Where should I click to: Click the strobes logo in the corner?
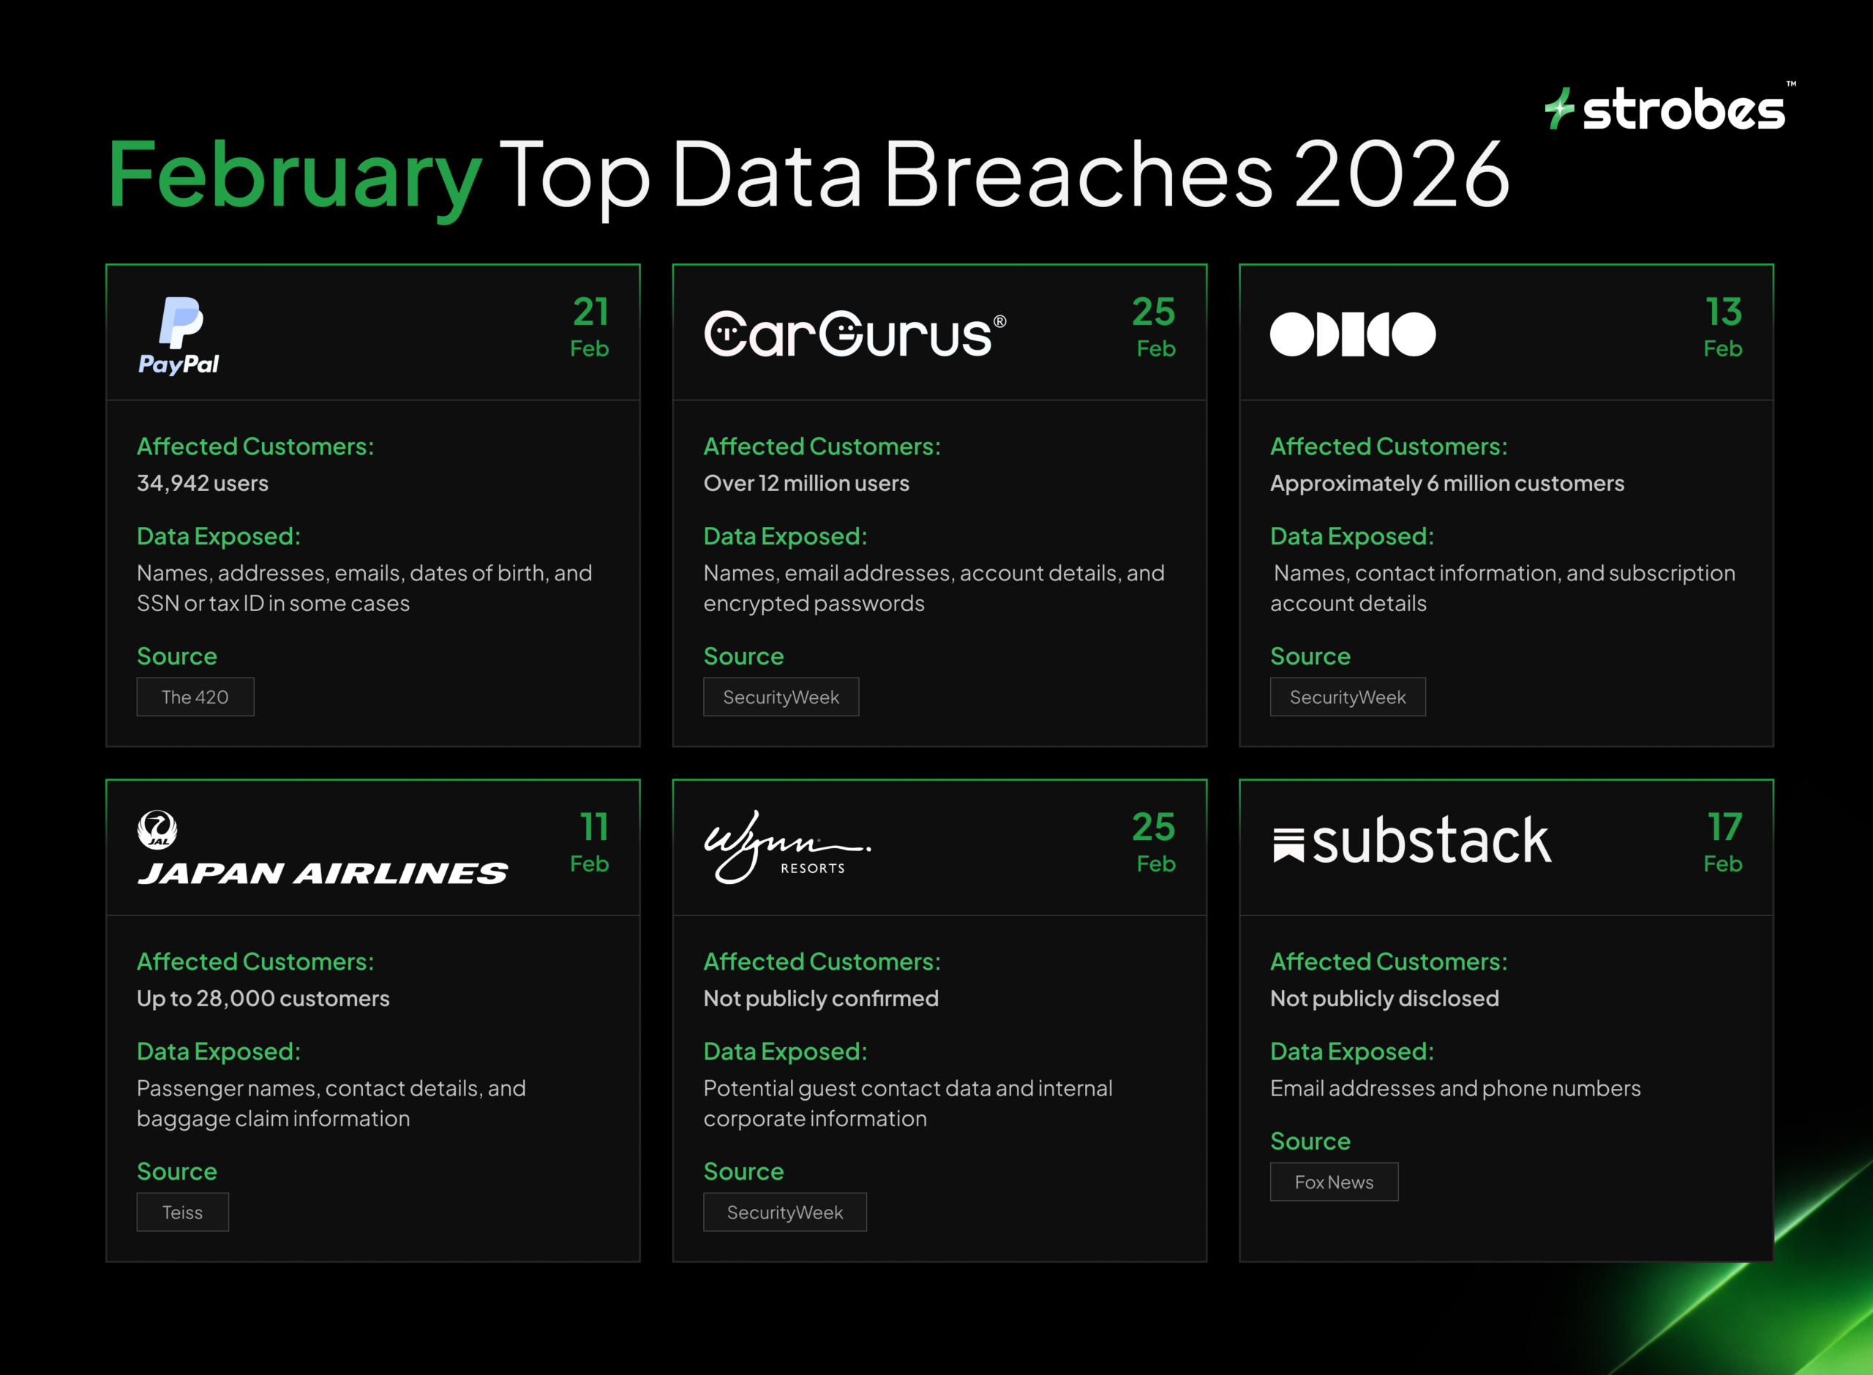(1667, 108)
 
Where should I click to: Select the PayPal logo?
(179, 334)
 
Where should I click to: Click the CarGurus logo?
(855, 334)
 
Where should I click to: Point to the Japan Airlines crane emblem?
(157, 830)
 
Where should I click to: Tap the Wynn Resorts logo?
(787, 847)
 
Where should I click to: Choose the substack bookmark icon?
(1288, 844)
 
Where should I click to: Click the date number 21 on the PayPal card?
(590, 312)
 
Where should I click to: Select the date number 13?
(1723, 312)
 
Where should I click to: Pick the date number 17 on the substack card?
(1724, 828)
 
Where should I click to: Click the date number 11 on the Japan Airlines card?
(593, 828)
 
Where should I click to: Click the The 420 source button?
(195, 697)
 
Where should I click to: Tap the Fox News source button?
(1333, 1181)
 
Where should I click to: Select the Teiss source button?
(182, 1212)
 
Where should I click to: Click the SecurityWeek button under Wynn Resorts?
(784, 1212)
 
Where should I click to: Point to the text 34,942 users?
(202, 484)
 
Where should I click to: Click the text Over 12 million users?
(806, 484)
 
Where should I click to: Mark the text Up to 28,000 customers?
(263, 999)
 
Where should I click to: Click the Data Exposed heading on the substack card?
(1351, 1052)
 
